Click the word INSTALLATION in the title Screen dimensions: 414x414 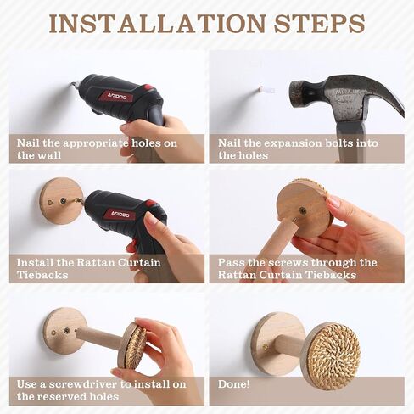157,24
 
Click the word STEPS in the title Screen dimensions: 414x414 319,24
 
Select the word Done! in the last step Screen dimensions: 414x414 233,384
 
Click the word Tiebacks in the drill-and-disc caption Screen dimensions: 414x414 42,275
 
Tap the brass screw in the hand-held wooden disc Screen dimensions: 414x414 303,210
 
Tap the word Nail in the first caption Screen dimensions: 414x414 28,143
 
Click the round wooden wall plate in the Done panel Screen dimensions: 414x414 273,344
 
